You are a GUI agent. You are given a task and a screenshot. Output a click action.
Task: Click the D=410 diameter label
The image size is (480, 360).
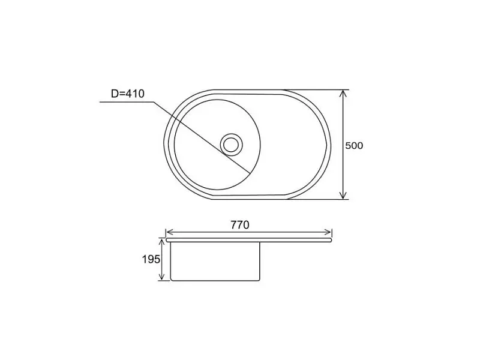pos(128,94)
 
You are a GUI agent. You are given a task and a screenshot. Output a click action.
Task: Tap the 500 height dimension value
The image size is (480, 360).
pos(354,146)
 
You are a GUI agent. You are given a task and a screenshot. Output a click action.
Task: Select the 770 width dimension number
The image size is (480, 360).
pos(240,225)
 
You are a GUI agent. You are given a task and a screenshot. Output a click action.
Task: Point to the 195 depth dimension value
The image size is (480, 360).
pos(151,260)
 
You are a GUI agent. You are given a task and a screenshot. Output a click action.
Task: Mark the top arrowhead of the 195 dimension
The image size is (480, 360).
pos(161,242)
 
